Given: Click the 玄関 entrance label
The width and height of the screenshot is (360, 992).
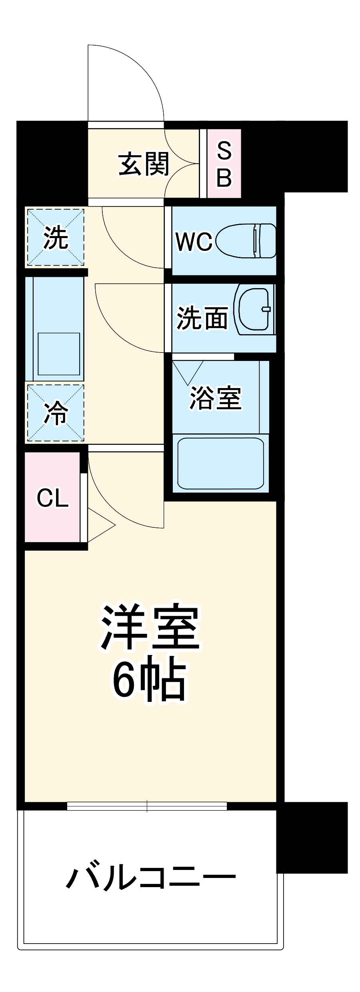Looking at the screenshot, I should point(144,164).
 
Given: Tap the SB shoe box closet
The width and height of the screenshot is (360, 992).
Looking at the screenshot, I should point(224,164).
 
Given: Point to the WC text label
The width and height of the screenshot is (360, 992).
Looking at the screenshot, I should point(194,242).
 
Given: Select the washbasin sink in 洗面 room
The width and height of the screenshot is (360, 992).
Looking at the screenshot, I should point(254,309).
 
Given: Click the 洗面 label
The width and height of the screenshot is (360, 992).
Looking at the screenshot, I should point(202,318).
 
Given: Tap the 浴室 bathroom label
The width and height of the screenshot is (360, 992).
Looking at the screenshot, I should point(216,398).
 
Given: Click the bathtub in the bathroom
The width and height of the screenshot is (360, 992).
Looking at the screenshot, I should point(220,463).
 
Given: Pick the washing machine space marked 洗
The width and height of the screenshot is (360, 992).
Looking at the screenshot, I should point(55,237).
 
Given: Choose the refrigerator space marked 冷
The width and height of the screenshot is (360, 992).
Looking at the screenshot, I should point(55,413).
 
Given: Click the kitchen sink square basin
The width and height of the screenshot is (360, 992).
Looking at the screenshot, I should point(59,354).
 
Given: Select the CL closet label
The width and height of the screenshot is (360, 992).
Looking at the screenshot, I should point(52,498).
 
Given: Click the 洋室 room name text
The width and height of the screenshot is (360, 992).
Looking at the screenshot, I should point(150,627).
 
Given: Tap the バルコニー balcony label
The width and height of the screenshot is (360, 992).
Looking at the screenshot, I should point(151,878).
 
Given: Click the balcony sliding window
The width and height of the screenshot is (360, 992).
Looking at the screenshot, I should point(147,806).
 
